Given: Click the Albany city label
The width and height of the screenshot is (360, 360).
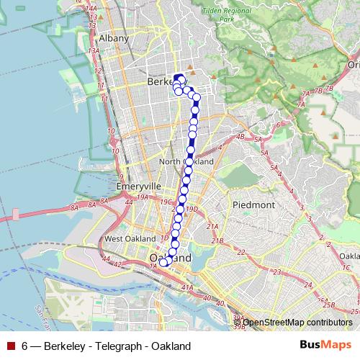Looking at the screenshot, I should click(x=113, y=38).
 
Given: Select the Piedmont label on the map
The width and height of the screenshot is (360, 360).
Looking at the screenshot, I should click(x=253, y=204).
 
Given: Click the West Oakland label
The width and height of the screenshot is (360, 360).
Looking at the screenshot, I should click(x=130, y=238).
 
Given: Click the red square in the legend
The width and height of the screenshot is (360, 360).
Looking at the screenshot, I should click(x=10, y=346).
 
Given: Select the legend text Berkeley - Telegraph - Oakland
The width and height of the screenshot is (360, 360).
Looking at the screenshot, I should click(x=106, y=346).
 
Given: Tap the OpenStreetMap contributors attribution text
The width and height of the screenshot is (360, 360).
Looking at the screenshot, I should click(x=297, y=323).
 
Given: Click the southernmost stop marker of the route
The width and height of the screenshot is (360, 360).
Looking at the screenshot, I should click(x=164, y=263).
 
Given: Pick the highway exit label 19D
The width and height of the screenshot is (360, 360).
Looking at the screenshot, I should click(x=192, y=209).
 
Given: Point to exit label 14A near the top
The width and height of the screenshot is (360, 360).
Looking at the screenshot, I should click(x=91, y=7).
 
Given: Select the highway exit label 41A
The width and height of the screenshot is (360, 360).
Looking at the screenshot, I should click(x=188, y=288).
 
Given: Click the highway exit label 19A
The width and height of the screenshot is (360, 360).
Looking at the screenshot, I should click(x=143, y=197).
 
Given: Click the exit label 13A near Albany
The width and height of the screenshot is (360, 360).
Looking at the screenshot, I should click(x=94, y=51).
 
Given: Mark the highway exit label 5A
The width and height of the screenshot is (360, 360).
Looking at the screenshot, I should click(x=264, y=153).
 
